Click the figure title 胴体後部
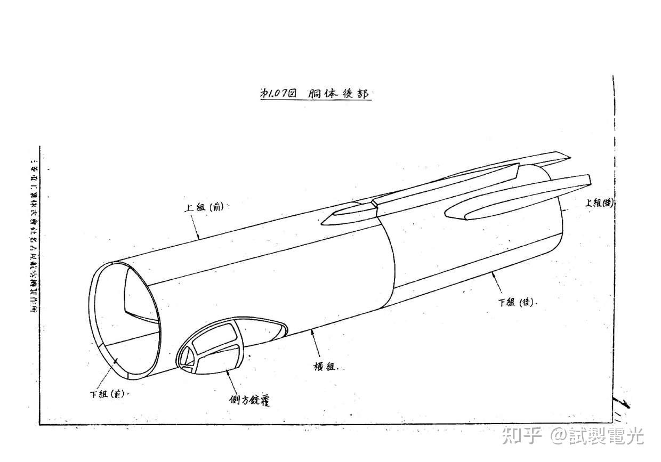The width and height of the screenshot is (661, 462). (339, 94)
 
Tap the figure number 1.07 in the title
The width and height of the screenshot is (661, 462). (278, 93)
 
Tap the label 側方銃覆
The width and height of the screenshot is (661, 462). (246, 399)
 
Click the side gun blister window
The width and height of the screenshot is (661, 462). (213, 347)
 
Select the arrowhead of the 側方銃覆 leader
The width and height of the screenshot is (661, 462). (228, 371)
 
